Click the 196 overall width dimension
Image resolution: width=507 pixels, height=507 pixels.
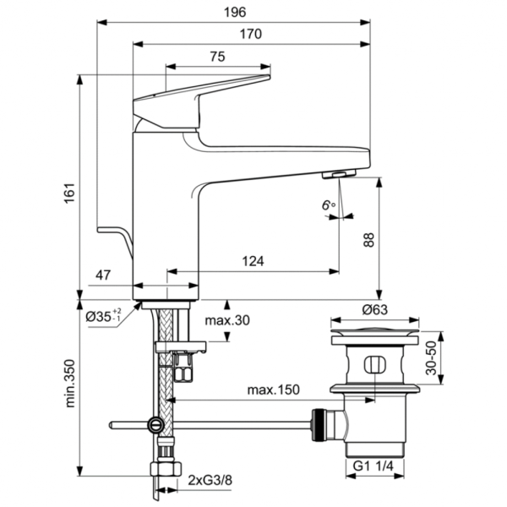pos(234,12)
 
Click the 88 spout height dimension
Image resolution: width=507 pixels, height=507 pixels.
pos(367,239)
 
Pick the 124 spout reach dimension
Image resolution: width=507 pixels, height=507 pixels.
pos(251,262)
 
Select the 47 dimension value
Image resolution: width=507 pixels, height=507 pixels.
pos(102,275)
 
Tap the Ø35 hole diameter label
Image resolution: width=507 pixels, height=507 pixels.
pos(104,317)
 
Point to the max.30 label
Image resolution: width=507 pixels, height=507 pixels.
pos(227,320)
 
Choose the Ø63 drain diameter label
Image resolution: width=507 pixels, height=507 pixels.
pos(374,308)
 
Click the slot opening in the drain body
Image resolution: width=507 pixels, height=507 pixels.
pos(374,366)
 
